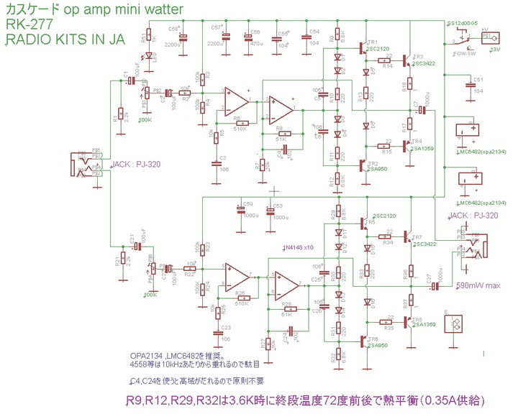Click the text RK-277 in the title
tap(25, 26)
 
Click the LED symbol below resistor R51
tap(150, 55)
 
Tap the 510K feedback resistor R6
tap(240, 121)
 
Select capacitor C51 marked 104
tap(471, 85)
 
